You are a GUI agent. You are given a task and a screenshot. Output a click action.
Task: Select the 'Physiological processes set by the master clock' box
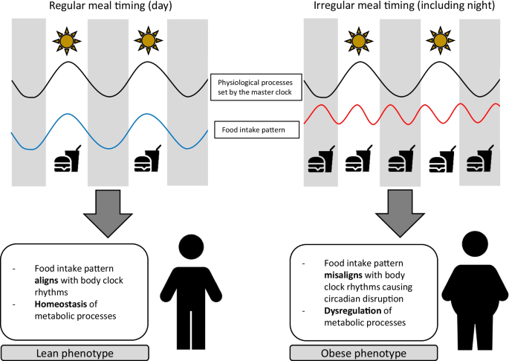tap(255, 86)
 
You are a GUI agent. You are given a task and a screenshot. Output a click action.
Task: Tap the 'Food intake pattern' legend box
tap(254, 130)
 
